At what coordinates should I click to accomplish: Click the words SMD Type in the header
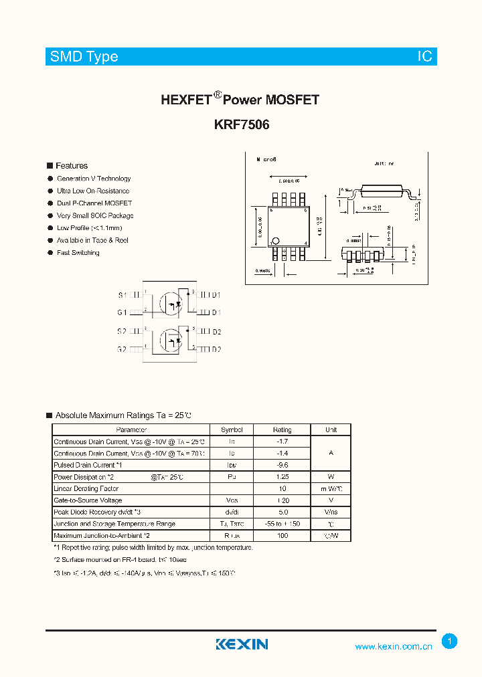[84, 57]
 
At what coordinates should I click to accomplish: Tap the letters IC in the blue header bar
[425, 57]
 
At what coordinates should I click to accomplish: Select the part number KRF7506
[242, 124]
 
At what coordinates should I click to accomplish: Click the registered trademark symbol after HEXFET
[217, 95]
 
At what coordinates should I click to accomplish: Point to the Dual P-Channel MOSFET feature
[94, 203]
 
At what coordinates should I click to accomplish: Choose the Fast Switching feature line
[78, 253]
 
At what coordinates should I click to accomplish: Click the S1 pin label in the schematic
[122, 295]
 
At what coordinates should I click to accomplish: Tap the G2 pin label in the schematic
[122, 349]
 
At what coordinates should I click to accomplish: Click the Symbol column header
[232, 430]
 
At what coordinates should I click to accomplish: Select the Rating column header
[282, 430]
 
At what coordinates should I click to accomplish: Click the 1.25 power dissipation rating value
[282, 477]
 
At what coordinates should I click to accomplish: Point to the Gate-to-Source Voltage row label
[88, 500]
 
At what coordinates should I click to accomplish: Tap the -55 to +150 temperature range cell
[282, 524]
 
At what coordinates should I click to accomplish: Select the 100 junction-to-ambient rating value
[282, 536]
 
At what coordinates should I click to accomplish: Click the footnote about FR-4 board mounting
[120, 559]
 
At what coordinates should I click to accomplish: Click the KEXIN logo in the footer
[242, 644]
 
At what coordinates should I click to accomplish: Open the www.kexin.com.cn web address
[394, 646]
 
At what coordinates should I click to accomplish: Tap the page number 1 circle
[450, 642]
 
